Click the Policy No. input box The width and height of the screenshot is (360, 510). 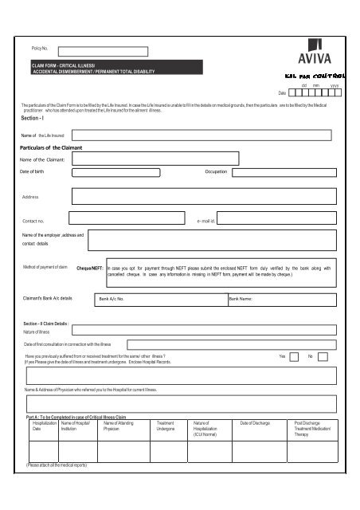tap(96, 50)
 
